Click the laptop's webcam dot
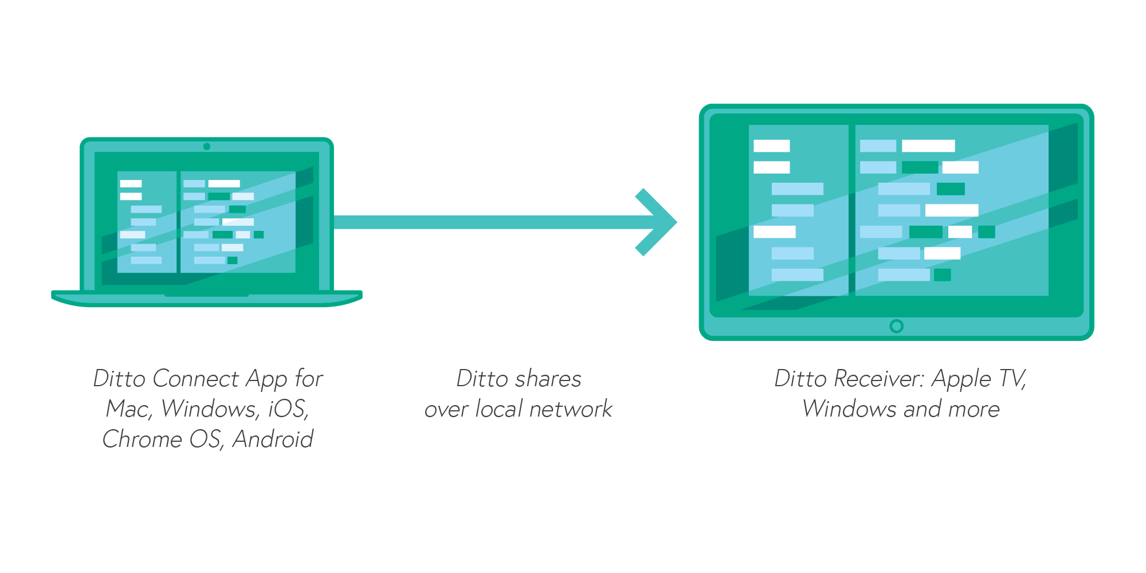[x=207, y=147]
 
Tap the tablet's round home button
[x=897, y=326]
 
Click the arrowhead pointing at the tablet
[x=659, y=222]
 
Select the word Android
[x=273, y=439]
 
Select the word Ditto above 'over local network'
[x=482, y=379]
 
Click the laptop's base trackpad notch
[x=207, y=295]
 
